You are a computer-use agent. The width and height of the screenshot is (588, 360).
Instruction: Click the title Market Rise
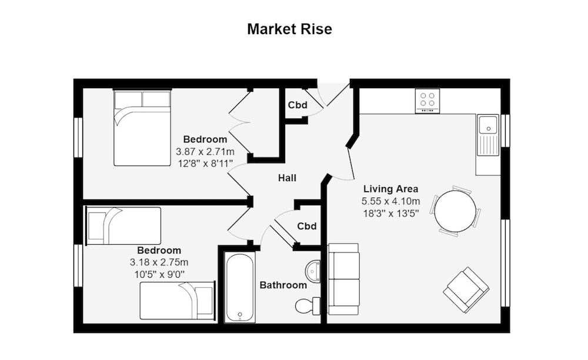click(x=289, y=29)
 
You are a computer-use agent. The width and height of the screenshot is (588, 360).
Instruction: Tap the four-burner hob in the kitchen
click(x=427, y=101)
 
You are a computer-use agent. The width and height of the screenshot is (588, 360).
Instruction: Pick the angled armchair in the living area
click(x=466, y=289)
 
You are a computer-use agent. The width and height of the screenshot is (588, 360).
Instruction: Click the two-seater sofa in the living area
click(x=343, y=278)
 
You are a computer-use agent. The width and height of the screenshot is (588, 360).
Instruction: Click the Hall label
click(x=288, y=178)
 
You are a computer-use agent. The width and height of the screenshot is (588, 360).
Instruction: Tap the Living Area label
click(x=390, y=189)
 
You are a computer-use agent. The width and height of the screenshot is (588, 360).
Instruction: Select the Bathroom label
click(x=283, y=285)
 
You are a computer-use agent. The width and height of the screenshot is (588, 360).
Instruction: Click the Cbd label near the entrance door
click(x=298, y=105)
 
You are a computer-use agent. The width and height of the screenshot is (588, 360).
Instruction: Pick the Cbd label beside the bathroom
click(x=307, y=226)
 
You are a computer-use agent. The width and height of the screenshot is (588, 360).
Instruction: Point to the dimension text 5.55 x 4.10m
click(x=390, y=201)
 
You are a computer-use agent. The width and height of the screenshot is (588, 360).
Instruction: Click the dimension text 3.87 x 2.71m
click(x=205, y=151)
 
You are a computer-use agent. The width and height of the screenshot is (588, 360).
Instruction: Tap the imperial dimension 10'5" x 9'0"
click(x=159, y=274)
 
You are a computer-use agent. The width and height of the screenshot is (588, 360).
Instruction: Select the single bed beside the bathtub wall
click(x=177, y=300)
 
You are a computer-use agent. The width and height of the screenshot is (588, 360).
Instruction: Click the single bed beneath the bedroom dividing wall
click(x=123, y=225)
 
